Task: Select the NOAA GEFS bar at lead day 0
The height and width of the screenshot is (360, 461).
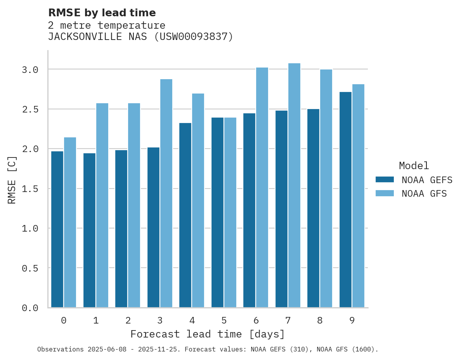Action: coord(57,229)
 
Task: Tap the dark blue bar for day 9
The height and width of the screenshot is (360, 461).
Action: coord(345,200)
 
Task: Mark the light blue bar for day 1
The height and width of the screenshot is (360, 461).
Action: coord(102,205)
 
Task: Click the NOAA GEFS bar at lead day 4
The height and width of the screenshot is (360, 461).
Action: coord(185,215)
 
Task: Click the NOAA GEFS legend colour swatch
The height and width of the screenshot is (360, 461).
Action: coord(385,180)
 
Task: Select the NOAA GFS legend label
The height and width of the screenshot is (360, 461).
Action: coord(424,194)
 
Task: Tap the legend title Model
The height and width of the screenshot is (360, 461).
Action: coord(414,166)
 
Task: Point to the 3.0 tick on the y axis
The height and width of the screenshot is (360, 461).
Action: coord(30,70)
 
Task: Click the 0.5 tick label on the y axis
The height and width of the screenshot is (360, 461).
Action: coord(30,268)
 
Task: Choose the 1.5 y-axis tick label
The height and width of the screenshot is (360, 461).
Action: coord(30,189)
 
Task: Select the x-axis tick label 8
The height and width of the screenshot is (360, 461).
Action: coord(320,320)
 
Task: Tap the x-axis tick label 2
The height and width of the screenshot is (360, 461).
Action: coord(128,320)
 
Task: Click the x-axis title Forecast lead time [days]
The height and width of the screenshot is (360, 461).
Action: coord(208,334)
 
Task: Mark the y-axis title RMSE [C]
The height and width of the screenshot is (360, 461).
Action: coord(12,180)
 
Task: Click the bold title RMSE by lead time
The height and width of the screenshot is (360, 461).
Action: coord(102,13)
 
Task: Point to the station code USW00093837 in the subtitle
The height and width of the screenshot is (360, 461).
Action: coord(194,37)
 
